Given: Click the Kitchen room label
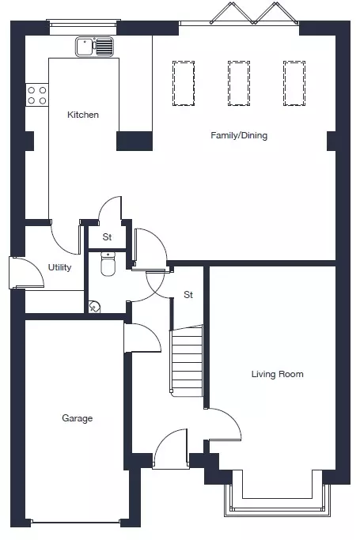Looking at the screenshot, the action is pos(83,115).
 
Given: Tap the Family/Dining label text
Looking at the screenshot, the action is pos(239,135).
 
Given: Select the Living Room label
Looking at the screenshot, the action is pos(278,374).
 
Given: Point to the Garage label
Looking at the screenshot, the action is pos(78,418).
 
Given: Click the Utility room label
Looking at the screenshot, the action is pos(59,267).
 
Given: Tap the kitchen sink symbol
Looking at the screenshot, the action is pos(94,47).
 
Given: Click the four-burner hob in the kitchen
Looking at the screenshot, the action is pos(37,95).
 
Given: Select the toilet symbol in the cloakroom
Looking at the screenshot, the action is pos(108,264).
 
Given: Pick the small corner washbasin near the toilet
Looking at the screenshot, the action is pos(94,306).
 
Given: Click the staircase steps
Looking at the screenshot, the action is pos(187,361).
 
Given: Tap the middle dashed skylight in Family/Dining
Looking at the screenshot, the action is pos(239,83).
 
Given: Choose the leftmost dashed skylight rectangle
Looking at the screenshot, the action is pos(184,83).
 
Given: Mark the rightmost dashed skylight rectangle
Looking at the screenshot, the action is pos(294,83).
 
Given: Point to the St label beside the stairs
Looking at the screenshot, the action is pos(188,294).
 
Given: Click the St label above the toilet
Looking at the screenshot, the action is pos(107,237).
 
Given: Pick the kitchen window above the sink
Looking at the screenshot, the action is pos(83,23).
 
